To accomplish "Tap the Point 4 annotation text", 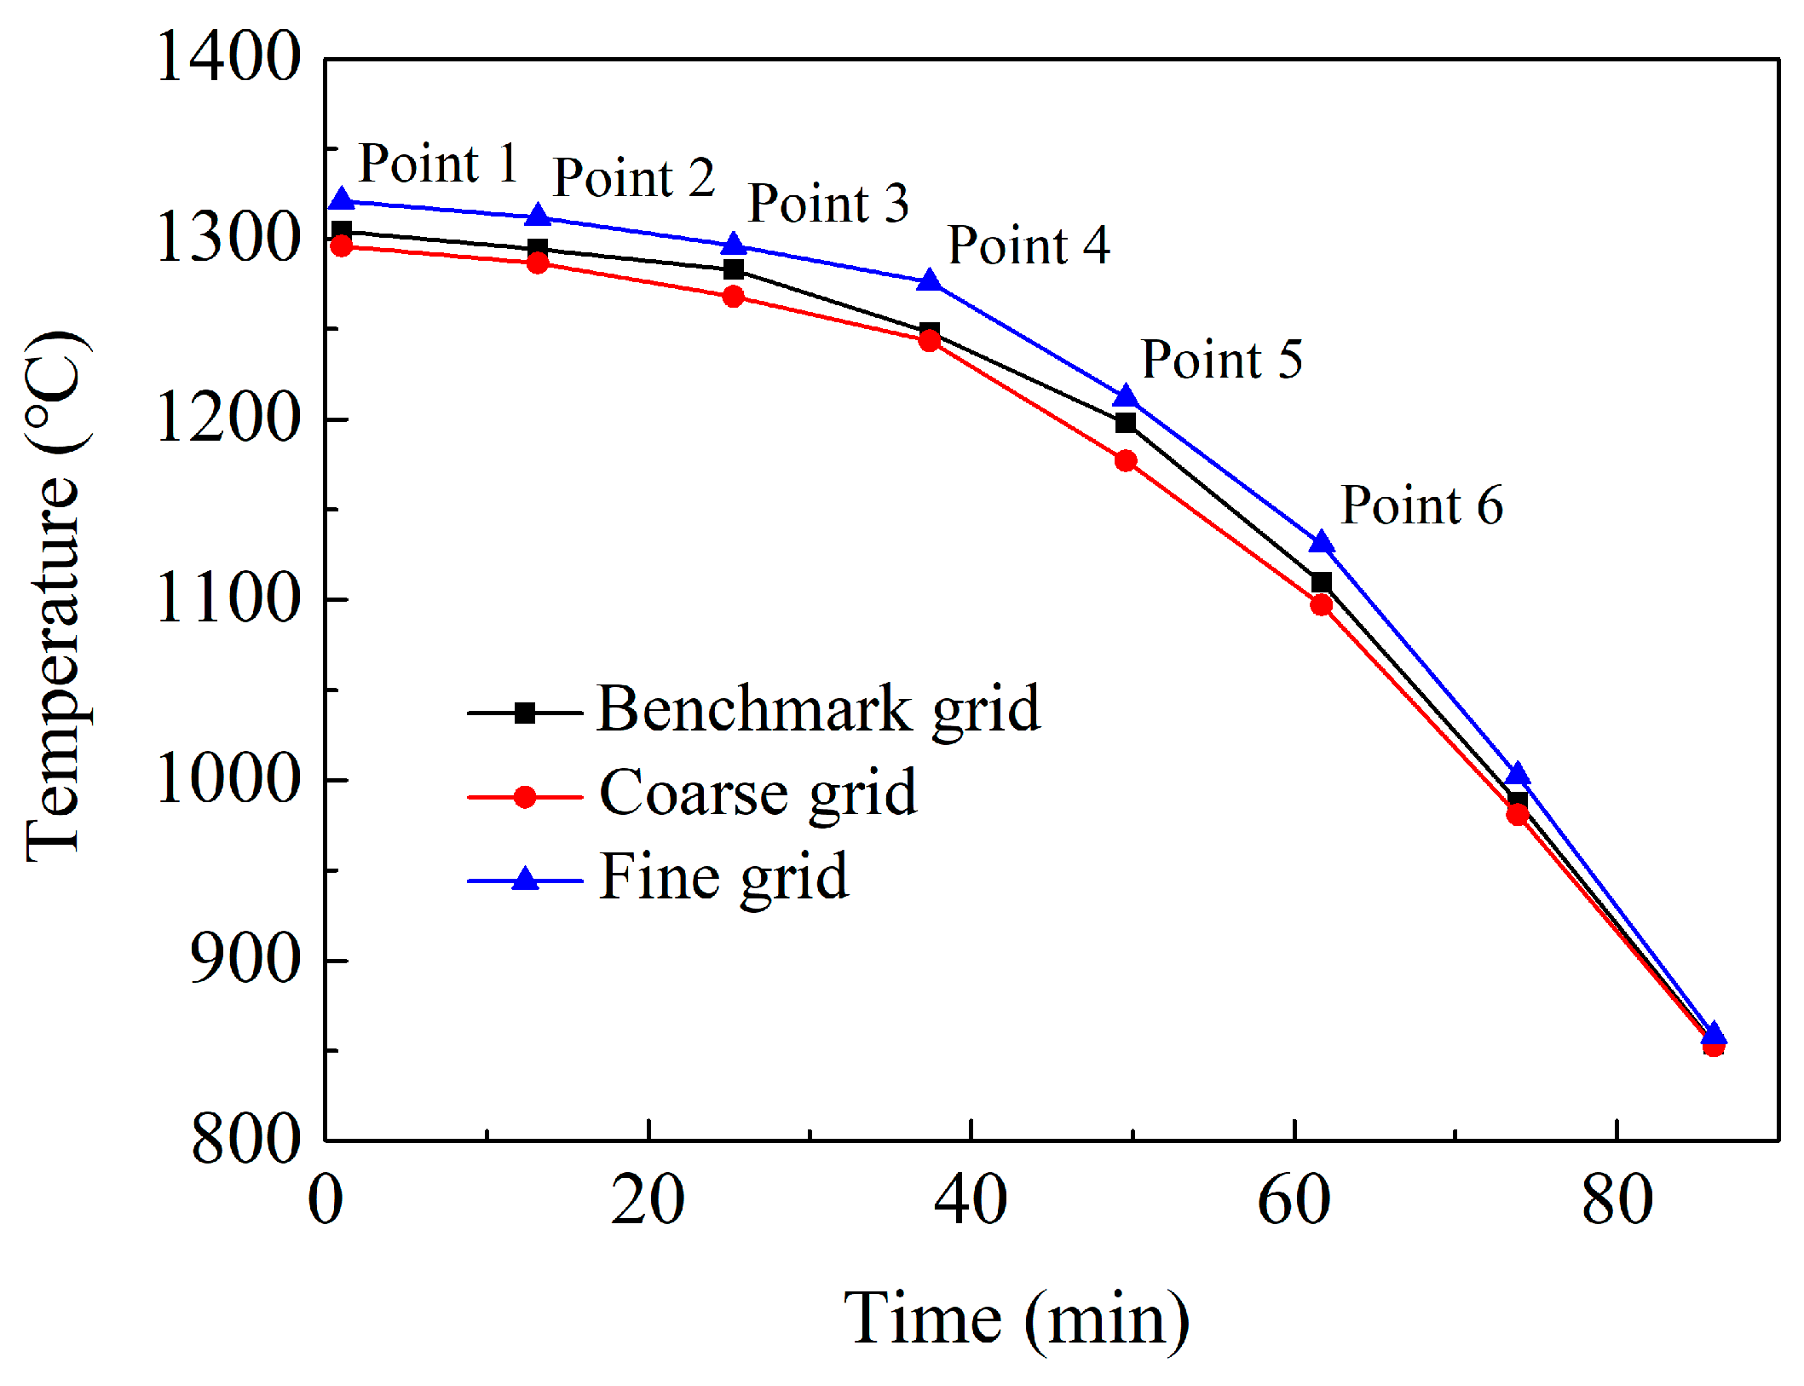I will click(x=1029, y=245).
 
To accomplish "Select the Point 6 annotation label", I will click(x=1421, y=505).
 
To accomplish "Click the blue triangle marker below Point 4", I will click(x=929, y=280).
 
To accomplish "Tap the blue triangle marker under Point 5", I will click(x=1126, y=396).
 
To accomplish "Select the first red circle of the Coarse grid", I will click(x=341, y=245).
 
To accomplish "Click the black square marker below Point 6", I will click(x=1321, y=582).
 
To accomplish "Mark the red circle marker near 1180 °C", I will click(x=1126, y=460).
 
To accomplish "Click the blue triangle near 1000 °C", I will click(x=1517, y=774).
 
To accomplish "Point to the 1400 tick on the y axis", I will click(x=228, y=56).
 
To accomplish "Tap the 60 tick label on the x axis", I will click(x=1293, y=1200).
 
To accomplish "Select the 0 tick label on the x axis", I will click(x=325, y=1200).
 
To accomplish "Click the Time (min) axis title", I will click(x=1016, y=1319).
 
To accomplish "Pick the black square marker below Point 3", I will click(x=733, y=269).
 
